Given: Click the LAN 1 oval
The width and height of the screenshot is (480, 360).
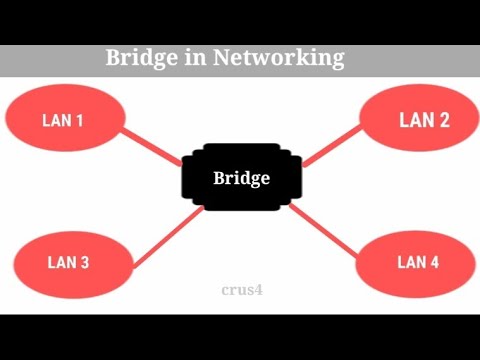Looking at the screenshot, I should pos(63,121).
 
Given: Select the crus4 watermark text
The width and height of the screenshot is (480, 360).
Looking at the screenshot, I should pos(241,290).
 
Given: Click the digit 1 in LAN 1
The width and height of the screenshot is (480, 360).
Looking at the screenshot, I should pos(78,122).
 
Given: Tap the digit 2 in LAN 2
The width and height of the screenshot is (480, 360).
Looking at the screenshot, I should pos(443,121).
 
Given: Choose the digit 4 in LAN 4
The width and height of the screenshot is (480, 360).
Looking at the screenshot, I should pos(434,262).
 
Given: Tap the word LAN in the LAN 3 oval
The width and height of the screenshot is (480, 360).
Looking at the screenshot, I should pos(61,263).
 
